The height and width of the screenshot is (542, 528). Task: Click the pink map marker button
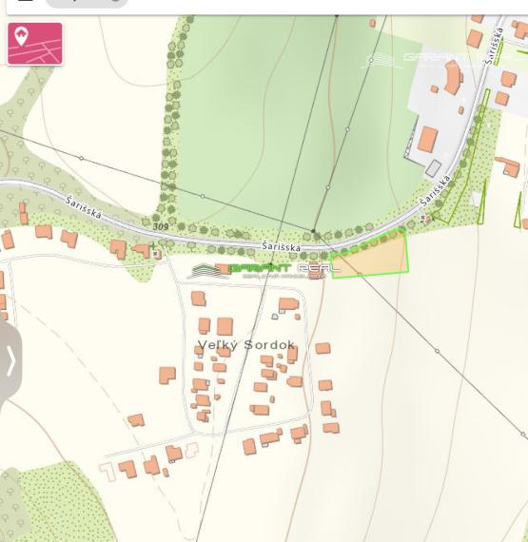click(34, 44)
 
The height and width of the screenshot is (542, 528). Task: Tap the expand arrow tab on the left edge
click(10, 361)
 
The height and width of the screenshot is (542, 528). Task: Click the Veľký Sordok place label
click(245, 344)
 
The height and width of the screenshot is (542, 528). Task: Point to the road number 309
click(160, 226)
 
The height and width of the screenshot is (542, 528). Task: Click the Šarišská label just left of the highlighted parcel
click(282, 247)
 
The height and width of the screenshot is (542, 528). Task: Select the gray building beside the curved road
click(434, 168)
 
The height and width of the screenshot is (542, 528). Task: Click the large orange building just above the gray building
click(428, 141)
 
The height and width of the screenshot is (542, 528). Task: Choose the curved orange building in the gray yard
click(452, 79)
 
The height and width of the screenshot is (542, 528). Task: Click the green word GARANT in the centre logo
click(260, 269)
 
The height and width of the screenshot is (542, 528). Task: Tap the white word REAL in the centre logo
click(318, 269)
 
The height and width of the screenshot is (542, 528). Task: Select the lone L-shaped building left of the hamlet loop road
click(166, 375)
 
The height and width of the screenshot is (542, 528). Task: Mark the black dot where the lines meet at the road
click(315, 233)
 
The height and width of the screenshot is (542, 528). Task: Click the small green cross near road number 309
click(152, 245)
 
